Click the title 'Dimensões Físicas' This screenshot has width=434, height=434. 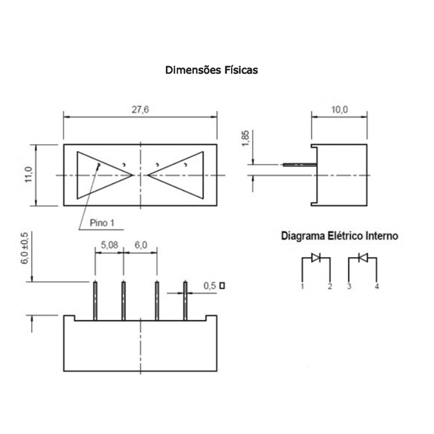[x=212, y=70]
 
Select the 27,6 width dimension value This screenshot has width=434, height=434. [x=140, y=110]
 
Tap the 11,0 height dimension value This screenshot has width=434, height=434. [x=28, y=175]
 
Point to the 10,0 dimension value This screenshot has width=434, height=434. [x=339, y=110]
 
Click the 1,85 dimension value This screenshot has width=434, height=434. [x=245, y=138]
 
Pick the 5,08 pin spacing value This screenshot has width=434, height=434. [x=109, y=245]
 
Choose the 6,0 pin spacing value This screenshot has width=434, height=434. [x=141, y=245]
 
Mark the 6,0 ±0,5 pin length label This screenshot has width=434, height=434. [x=25, y=248]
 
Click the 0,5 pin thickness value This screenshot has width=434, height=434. [x=210, y=285]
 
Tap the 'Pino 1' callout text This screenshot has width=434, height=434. [x=102, y=223]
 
